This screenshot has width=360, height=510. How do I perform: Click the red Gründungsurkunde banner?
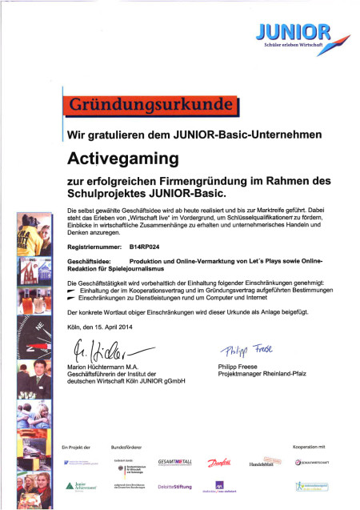pos(151,106)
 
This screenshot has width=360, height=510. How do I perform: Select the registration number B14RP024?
pos(146,249)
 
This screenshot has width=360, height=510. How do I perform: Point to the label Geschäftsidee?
pos(90,262)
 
